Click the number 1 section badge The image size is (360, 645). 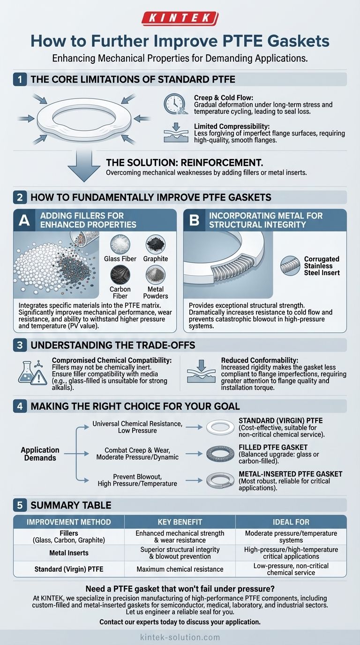20,79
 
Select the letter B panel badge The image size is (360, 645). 194,221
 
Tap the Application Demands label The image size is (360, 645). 40,453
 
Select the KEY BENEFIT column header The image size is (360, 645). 180,522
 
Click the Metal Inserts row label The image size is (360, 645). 69,553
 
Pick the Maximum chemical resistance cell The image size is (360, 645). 180,569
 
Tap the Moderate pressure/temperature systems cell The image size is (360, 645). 291,537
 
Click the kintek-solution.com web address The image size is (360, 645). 180,637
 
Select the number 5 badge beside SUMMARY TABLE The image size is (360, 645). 20,505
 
